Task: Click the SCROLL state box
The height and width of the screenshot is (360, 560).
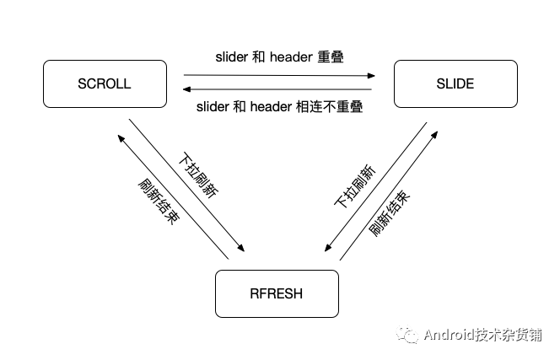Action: [x=105, y=83]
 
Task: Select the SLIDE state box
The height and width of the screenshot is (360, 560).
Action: [x=455, y=83]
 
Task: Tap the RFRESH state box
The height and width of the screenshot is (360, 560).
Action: [x=277, y=293]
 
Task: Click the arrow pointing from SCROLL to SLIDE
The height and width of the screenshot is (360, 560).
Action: [x=278, y=75]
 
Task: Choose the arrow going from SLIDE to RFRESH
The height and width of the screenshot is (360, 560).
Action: [x=374, y=189]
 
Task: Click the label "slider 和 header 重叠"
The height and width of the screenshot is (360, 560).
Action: [x=279, y=57]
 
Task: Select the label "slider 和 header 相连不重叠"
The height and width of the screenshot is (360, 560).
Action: [x=279, y=107]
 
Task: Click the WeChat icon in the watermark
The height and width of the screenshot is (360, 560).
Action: [x=408, y=335]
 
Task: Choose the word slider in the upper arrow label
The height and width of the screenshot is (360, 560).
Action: [x=231, y=57]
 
